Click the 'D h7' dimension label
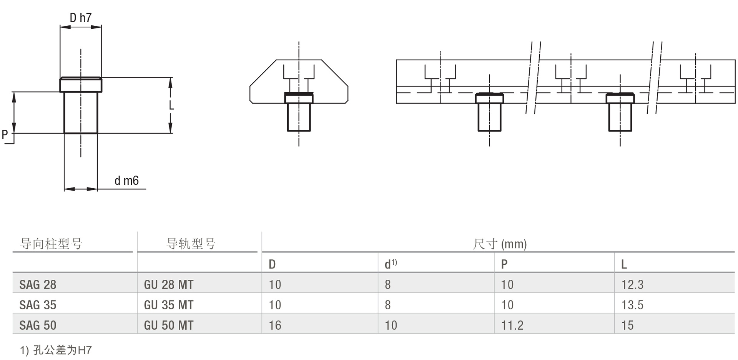click(x=81, y=18)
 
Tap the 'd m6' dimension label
click(x=126, y=181)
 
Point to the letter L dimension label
click(x=171, y=105)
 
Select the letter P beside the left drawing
click(x=5, y=134)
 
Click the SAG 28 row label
click(x=38, y=285)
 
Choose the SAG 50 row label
click(x=38, y=325)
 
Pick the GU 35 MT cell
click(x=168, y=305)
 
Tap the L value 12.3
click(x=632, y=285)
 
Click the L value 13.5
click(x=632, y=305)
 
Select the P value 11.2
click(x=512, y=325)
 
